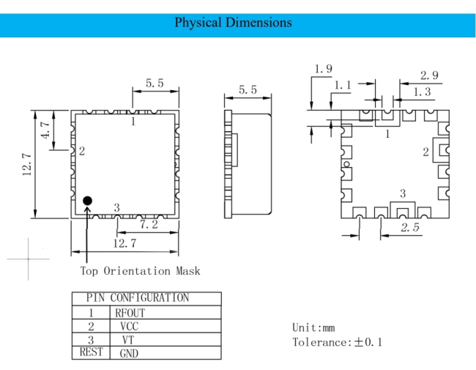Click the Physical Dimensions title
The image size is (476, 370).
click(x=233, y=23)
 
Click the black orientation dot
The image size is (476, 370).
click(x=87, y=201)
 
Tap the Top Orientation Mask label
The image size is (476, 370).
click(x=141, y=270)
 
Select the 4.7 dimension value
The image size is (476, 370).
click(x=45, y=130)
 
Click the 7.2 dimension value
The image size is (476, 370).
click(x=149, y=224)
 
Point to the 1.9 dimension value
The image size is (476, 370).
click(x=323, y=69)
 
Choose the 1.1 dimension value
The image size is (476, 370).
click(x=343, y=86)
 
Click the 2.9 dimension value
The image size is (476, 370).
click(x=429, y=75)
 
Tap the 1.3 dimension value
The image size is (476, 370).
click(x=422, y=92)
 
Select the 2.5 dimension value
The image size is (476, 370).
click(x=410, y=227)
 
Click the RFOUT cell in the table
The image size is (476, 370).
click(x=130, y=313)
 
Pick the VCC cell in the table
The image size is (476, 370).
click(x=130, y=326)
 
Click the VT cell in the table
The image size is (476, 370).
click(x=128, y=340)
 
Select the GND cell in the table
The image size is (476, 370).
click(x=129, y=353)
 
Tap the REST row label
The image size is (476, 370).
click(x=91, y=352)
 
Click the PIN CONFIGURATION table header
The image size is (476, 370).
click(x=138, y=297)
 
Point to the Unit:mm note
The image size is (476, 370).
click(x=313, y=328)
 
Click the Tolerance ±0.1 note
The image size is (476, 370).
click(x=337, y=342)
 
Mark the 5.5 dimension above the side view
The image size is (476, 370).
click(x=248, y=89)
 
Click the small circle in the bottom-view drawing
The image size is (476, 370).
click(x=346, y=164)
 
